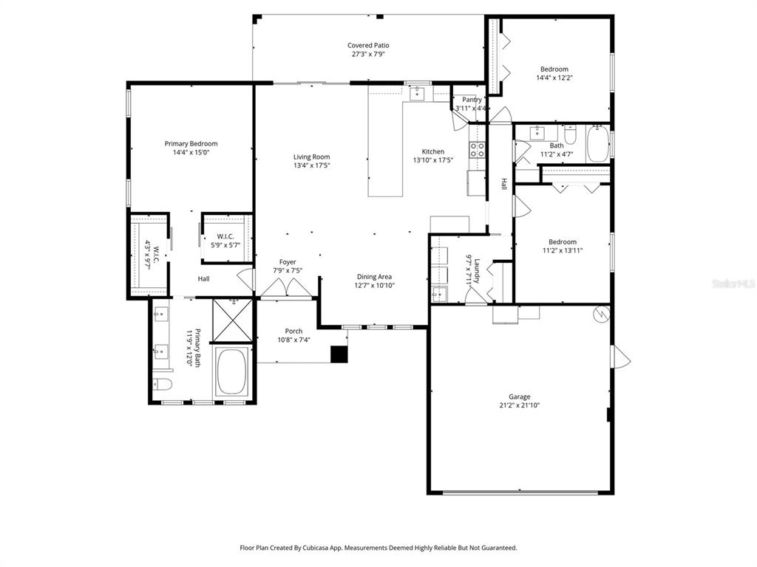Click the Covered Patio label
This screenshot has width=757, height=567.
pyautogui.click(x=368, y=46)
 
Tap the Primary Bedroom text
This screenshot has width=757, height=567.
pyautogui.click(x=191, y=144)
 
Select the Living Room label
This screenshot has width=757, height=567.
pyautogui.click(x=311, y=157)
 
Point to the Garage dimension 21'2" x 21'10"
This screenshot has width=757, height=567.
pyautogui.click(x=519, y=405)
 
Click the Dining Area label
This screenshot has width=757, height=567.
pyautogui.click(x=374, y=277)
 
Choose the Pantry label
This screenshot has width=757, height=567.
pyautogui.click(x=472, y=100)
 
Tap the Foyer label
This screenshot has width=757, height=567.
pyautogui.click(x=288, y=262)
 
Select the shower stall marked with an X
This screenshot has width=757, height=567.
pyautogui.click(x=233, y=320)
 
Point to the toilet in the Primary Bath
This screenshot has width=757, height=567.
pyautogui.click(x=162, y=383)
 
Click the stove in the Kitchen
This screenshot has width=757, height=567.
pyautogui.click(x=477, y=151)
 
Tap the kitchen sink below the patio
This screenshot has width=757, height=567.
pyautogui.click(x=417, y=92)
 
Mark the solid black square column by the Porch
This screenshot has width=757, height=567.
pyautogui.click(x=339, y=354)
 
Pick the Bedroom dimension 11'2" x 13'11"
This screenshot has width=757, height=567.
pyautogui.click(x=562, y=250)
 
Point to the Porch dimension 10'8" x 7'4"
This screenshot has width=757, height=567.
pyautogui.click(x=293, y=340)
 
